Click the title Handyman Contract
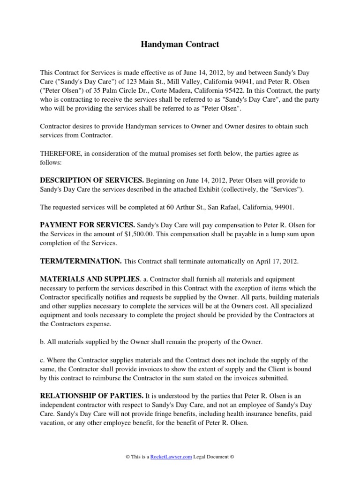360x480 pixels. tap(180, 45)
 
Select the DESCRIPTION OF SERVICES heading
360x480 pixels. tap(92, 180)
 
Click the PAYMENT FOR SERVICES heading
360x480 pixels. tap(88, 225)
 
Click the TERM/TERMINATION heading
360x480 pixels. tap(81, 260)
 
